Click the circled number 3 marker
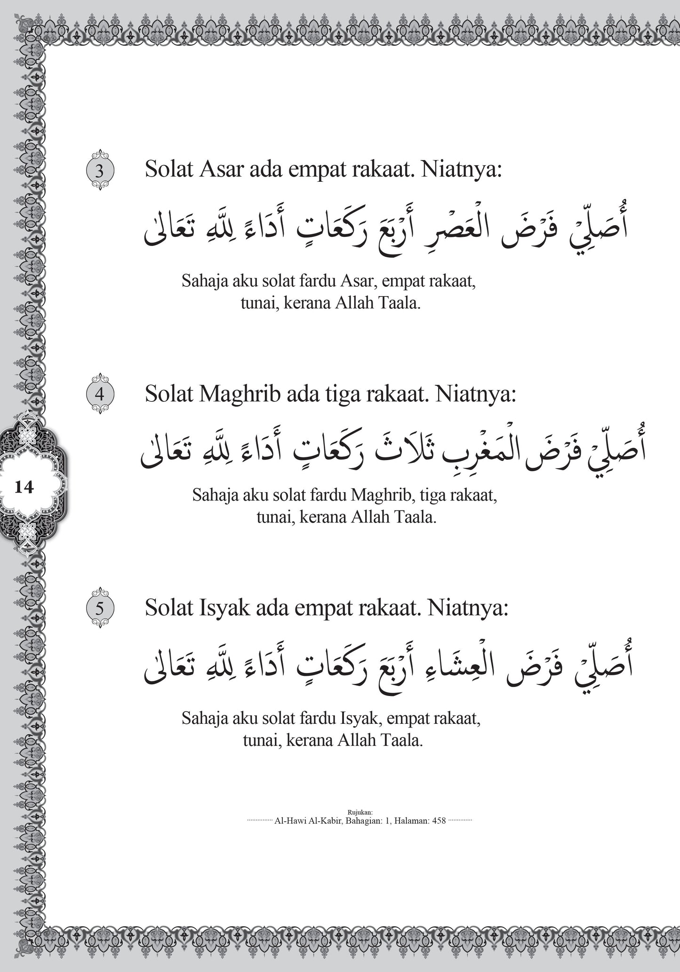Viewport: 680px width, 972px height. tap(99, 170)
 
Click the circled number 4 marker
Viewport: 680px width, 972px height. tap(99, 394)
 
